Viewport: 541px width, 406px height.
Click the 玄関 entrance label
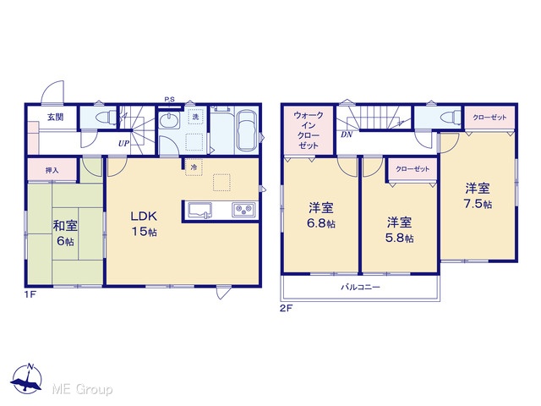click(x=55, y=117)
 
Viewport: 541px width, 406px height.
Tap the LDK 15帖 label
click(x=144, y=223)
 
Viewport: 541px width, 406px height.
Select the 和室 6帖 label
click(x=65, y=233)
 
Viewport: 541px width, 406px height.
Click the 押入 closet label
click(x=52, y=170)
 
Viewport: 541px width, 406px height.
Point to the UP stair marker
click(x=124, y=143)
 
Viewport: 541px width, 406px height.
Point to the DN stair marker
click(x=347, y=135)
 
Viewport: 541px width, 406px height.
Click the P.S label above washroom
click(x=169, y=100)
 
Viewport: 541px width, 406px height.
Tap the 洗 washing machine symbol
click(x=196, y=117)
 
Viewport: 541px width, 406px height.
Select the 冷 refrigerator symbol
click(x=194, y=167)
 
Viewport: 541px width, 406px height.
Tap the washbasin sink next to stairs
click(x=169, y=120)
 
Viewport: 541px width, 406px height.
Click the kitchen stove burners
click(x=244, y=209)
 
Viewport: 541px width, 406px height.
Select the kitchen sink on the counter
click(x=199, y=210)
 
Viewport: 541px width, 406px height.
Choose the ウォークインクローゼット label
click(x=308, y=130)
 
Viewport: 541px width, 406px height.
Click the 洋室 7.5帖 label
click(x=478, y=196)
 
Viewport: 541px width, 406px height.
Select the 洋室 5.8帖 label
click(x=399, y=230)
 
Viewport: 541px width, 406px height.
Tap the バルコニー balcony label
click(x=361, y=287)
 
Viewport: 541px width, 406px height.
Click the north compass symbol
click(x=26, y=378)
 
